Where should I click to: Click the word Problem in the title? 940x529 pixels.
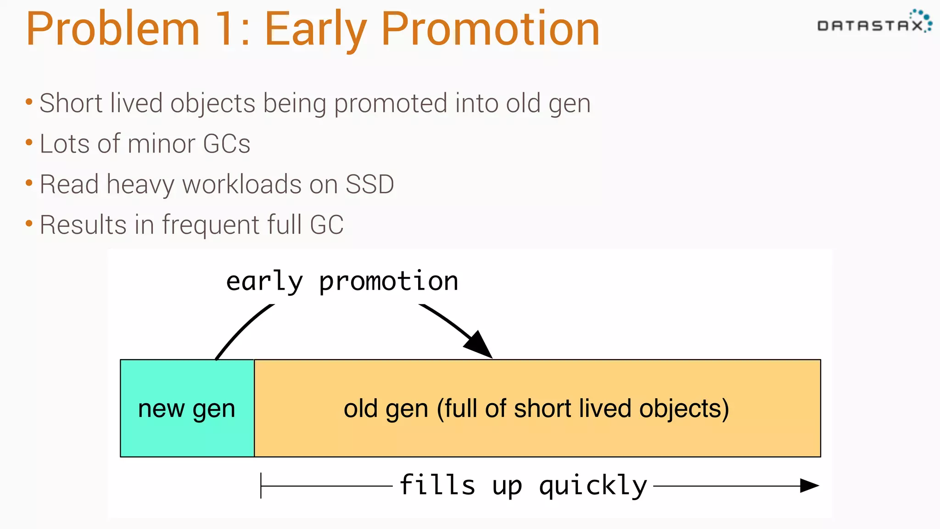tap(112, 30)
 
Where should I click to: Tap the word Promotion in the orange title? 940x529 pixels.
tap(490, 30)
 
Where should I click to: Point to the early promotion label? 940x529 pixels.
tap(342, 281)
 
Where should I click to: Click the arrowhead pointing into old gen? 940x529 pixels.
tap(480, 346)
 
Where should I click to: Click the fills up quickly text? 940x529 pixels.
tap(523, 485)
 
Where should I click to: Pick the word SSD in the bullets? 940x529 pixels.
tap(369, 184)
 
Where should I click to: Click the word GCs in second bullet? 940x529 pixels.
tap(226, 144)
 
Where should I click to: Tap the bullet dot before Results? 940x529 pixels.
tap(29, 224)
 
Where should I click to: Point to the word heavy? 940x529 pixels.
tap(140, 185)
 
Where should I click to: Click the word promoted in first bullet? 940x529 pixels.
tap(390, 103)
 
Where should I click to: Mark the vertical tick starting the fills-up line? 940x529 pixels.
tap(261, 485)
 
